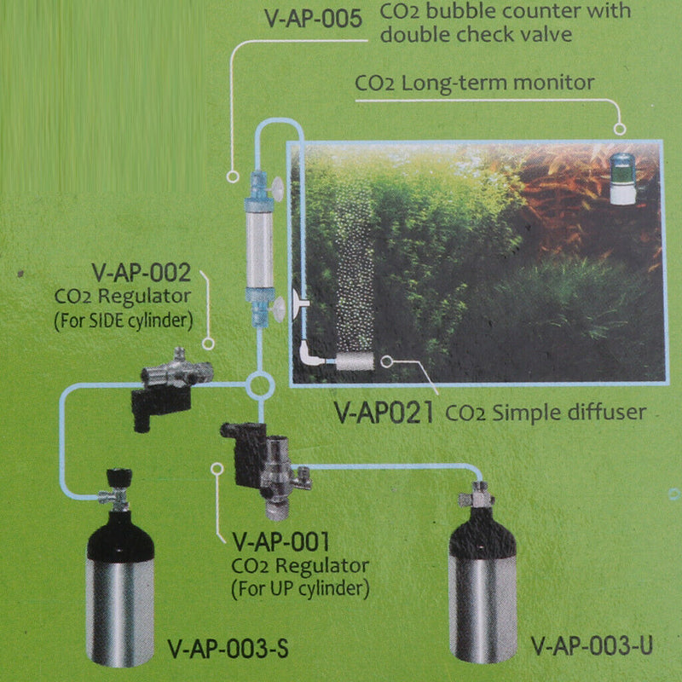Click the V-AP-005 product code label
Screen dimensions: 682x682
tap(314, 18)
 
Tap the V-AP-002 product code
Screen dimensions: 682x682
tap(142, 276)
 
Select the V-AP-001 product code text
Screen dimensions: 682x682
tap(280, 541)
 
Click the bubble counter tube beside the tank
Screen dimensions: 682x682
tap(257, 242)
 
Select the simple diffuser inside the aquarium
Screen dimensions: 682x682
tap(355, 362)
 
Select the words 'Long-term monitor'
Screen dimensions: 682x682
tap(511, 84)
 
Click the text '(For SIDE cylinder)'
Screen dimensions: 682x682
tap(123, 322)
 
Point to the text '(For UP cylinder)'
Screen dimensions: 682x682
tap(299, 587)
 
